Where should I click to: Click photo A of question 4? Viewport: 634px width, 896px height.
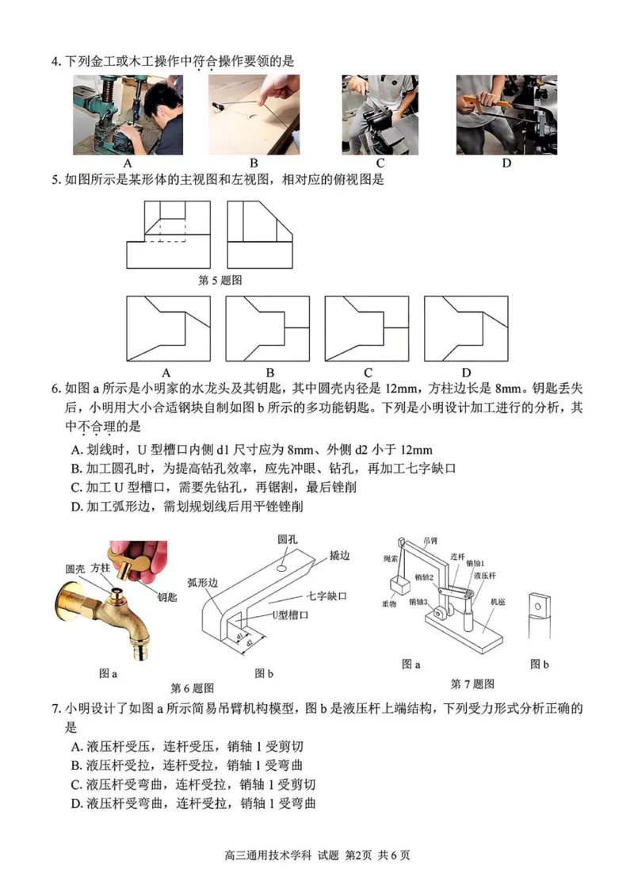pos(118,115)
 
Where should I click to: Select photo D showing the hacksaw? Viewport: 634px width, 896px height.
pos(506,115)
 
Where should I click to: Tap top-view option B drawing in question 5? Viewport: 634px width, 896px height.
pos(267,328)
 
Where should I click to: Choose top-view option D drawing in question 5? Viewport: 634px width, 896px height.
pos(466,328)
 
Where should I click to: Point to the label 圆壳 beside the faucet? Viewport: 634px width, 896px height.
pos(75,569)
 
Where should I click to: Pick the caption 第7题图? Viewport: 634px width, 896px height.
pos(472,683)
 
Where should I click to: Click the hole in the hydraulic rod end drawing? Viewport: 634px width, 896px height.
pos(540,607)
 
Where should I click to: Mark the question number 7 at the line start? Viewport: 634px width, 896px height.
pos(55,709)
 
